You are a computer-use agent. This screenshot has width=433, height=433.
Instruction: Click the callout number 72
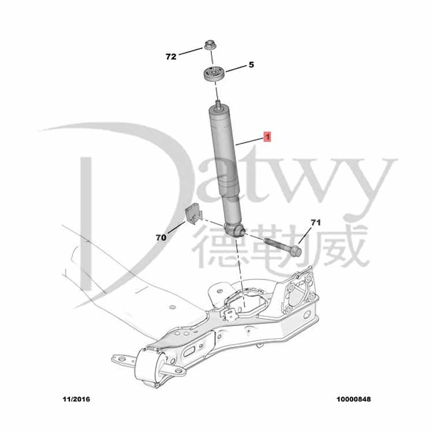[x=170, y=57]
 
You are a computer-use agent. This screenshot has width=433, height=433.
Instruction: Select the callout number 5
[x=251, y=65]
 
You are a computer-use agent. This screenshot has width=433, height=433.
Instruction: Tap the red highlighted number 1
[x=267, y=137]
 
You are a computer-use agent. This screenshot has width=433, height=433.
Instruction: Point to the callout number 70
[x=160, y=237]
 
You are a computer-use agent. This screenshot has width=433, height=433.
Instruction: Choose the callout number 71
[x=315, y=222]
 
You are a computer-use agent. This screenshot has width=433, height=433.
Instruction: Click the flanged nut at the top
[x=210, y=46]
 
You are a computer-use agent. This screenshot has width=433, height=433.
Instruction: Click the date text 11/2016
[x=76, y=399]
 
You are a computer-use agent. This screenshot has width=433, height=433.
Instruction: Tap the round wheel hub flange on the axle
[x=300, y=292]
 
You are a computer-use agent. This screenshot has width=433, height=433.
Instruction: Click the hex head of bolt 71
[x=295, y=251]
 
